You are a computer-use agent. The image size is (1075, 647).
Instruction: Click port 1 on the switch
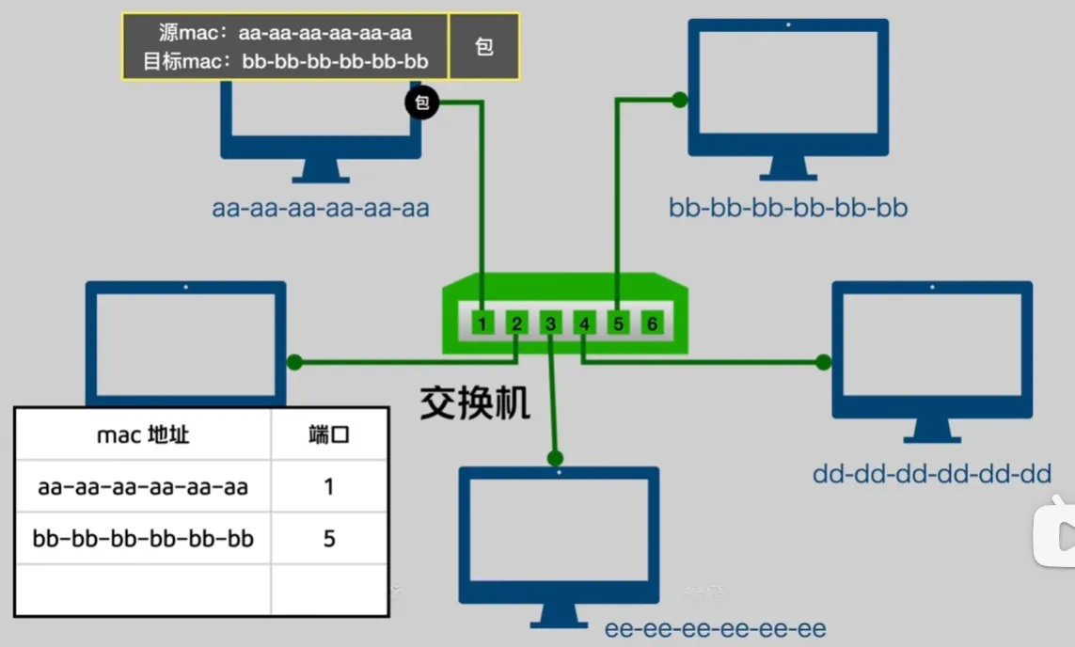[x=482, y=324]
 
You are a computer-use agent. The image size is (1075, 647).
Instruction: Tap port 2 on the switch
[x=516, y=324]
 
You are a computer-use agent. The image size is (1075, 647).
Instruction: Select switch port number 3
[x=550, y=324]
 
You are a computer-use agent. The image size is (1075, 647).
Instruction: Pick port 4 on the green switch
[x=584, y=324]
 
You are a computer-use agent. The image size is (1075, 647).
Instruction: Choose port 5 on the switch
[x=618, y=324]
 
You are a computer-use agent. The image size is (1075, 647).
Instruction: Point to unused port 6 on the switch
[x=652, y=324]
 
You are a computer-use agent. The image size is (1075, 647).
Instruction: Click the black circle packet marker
[x=422, y=103]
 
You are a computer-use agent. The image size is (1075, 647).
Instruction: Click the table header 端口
[x=329, y=434]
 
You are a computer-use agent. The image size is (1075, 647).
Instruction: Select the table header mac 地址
[x=143, y=434]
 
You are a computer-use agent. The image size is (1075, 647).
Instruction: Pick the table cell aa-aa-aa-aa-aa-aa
[x=143, y=487]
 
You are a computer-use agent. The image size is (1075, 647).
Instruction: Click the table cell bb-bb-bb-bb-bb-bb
[x=143, y=539]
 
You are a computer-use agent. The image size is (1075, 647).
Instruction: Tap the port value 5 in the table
[x=329, y=539]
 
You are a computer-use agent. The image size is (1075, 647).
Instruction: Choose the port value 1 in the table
[x=329, y=487]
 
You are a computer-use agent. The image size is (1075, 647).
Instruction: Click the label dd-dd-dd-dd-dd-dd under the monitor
[x=932, y=474]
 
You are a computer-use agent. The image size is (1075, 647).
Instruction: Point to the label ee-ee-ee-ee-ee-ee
[x=716, y=628]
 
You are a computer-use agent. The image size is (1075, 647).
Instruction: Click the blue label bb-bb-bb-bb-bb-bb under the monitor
[x=788, y=208]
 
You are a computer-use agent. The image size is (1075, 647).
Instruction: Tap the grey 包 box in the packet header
[x=484, y=46]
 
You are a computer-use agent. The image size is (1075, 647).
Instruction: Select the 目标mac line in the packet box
[x=286, y=62]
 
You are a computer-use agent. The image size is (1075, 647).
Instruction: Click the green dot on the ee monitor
[x=555, y=458]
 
